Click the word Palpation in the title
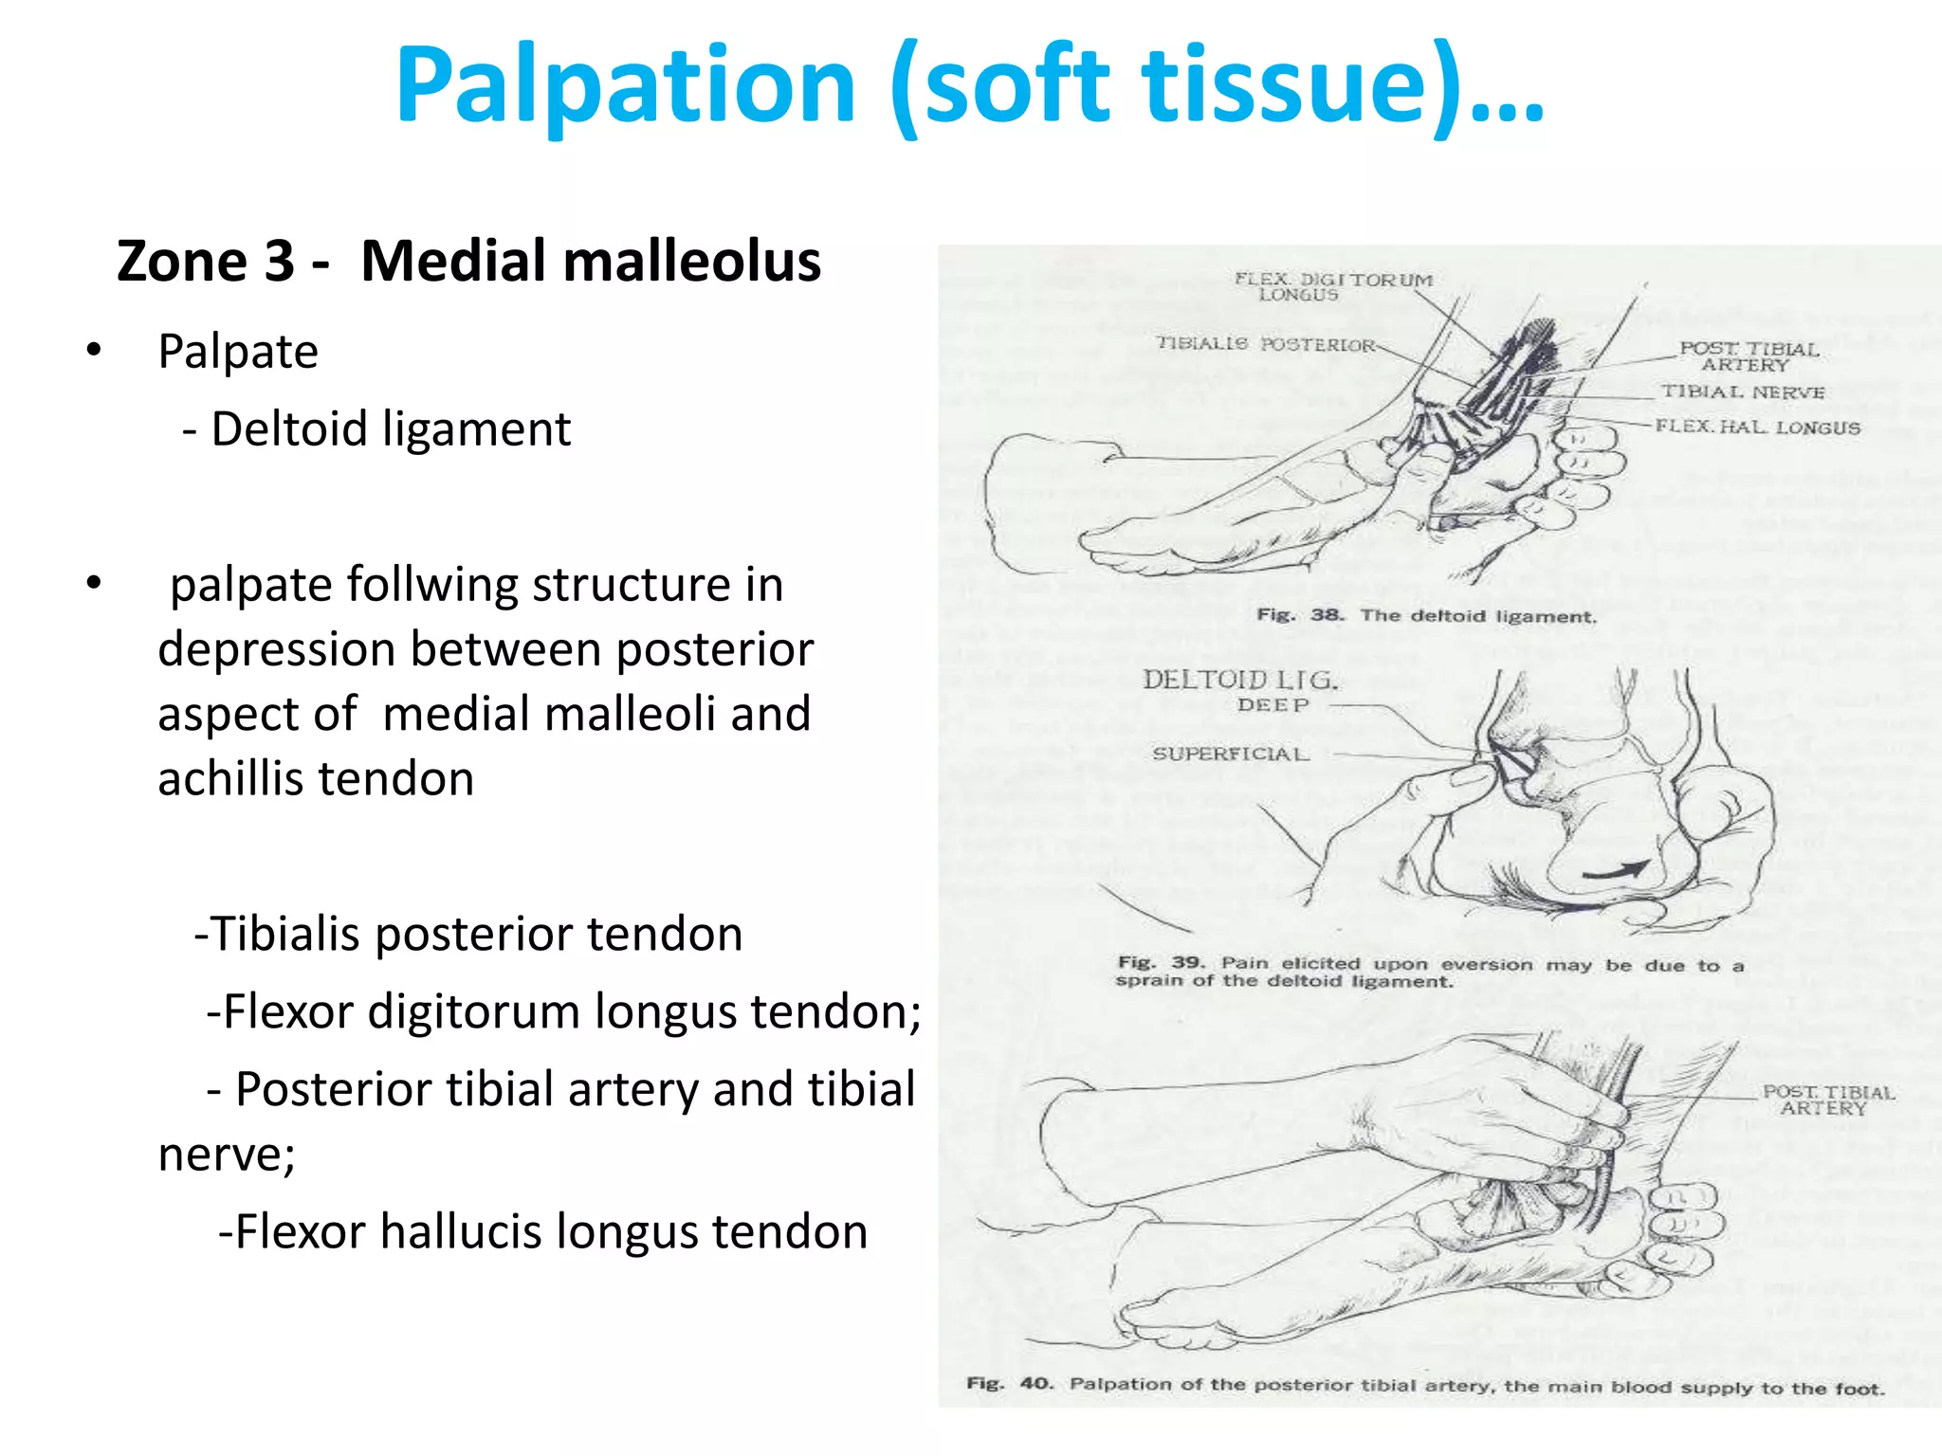(626, 87)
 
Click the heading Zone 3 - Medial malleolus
(468, 262)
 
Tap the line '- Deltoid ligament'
(377, 429)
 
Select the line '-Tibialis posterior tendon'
(468, 935)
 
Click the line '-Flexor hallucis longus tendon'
(542, 1232)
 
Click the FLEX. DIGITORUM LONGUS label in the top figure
(1331, 286)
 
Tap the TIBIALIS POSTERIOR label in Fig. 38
(1265, 345)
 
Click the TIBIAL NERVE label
(1742, 392)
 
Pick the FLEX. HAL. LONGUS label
(1757, 428)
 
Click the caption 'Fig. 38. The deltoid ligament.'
(1426, 616)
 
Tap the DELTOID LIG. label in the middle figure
(1239, 680)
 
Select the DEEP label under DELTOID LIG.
(1273, 705)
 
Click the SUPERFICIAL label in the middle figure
(1230, 755)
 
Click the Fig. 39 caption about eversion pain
(1429, 973)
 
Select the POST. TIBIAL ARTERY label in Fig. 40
(1827, 1101)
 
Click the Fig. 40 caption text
(1425, 1386)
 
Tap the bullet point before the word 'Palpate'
(93, 351)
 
